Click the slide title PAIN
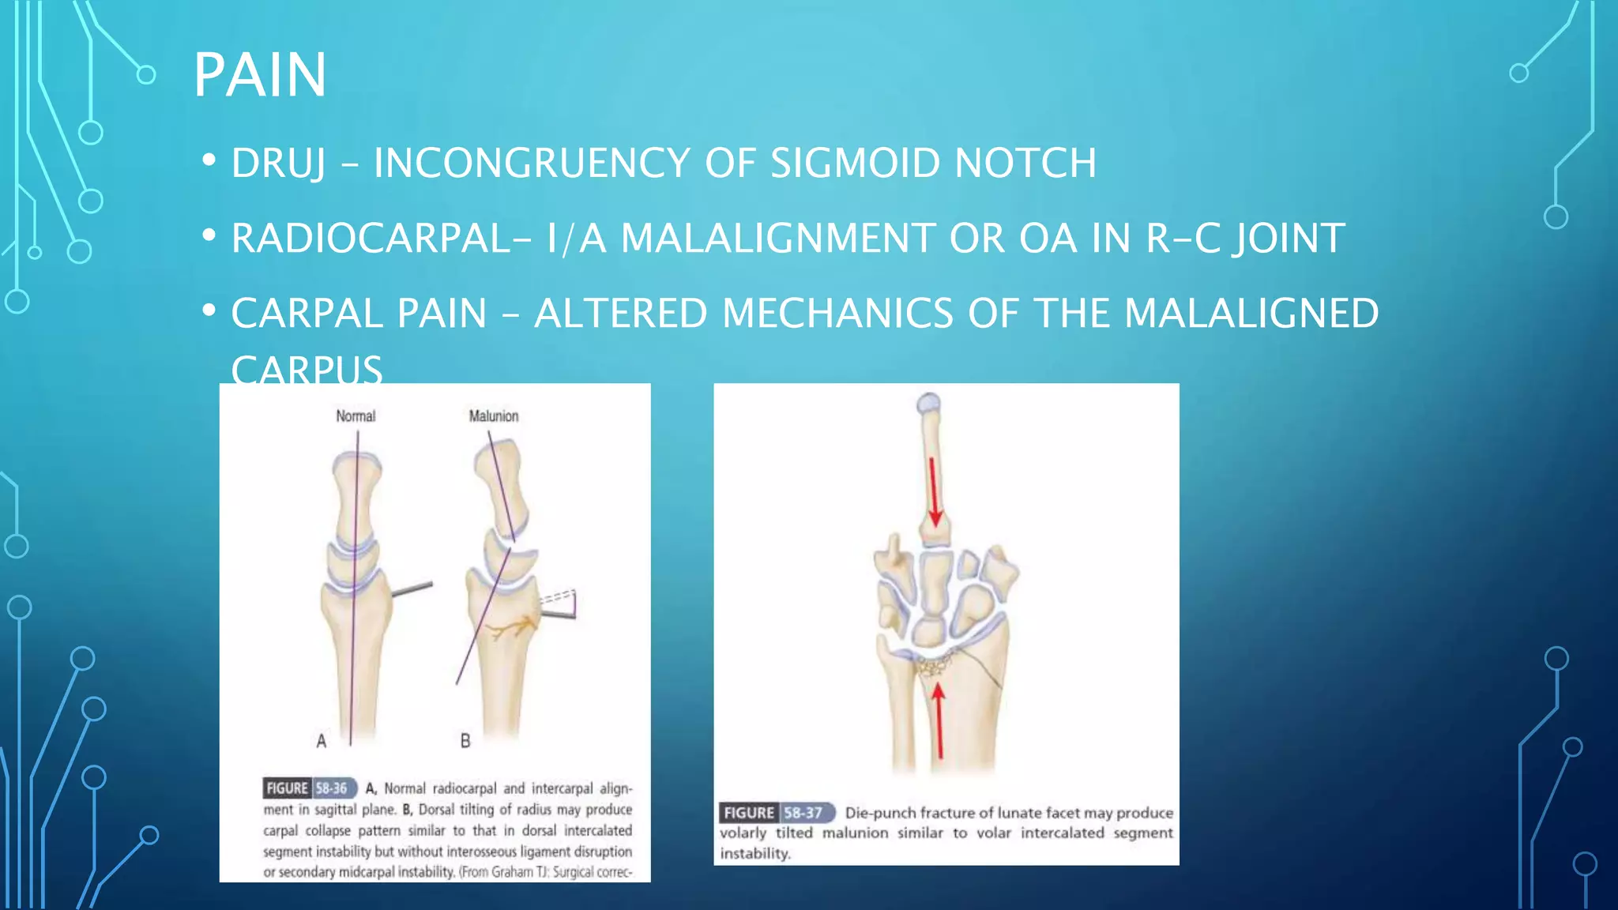pos(260,75)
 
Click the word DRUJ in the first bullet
pos(278,164)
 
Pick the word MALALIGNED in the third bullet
pos(1251,314)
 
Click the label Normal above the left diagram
pos(356,416)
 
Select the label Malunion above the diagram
pos(494,416)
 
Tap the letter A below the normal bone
pos(322,741)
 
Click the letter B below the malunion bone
pos(465,741)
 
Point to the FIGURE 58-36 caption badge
pos(310,788)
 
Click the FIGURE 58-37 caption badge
pos(777,813)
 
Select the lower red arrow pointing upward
pos(939,719)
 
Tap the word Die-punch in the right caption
pos(880,813)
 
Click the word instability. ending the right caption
pos(755,854)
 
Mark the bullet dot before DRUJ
pos(209,161)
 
